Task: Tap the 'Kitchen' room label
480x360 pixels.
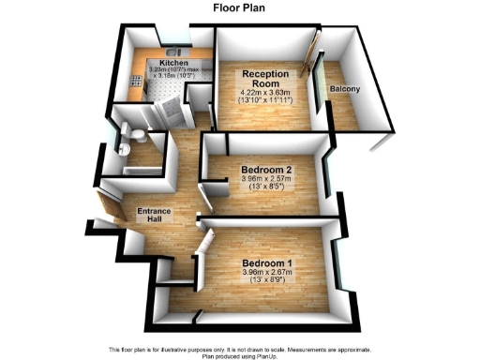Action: (x=174, y=63)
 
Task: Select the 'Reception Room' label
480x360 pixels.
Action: (x=263, y=78)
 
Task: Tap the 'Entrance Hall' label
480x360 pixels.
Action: (x=155, y=216)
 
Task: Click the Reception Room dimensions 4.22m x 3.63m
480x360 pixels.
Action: (x=263, y=92)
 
